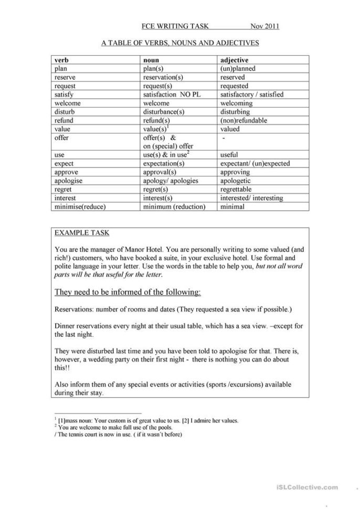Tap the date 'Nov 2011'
264,27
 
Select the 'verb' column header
62,60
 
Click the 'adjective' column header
235,60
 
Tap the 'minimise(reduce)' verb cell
80,206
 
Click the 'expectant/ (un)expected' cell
255,163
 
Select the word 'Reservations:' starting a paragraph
75,309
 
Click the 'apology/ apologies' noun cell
171,181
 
